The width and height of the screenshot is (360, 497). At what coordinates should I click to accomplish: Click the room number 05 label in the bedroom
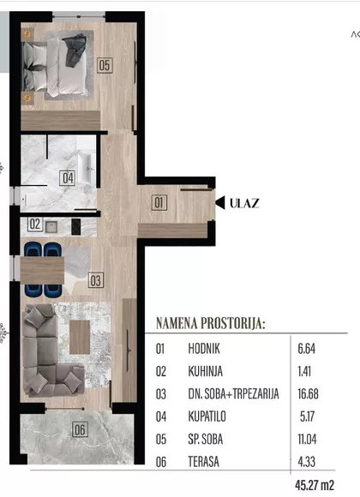[x=105, y=66]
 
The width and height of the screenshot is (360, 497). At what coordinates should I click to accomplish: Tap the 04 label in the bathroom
[x=67, y=178]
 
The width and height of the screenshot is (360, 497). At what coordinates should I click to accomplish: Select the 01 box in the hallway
[x=159, y=202]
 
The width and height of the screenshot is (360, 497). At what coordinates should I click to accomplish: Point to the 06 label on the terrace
[x=80, y=429]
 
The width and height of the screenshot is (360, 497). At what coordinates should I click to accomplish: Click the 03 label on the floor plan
[x=96, y=280]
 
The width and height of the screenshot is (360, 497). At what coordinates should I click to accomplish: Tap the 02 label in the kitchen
[x=35, y=225]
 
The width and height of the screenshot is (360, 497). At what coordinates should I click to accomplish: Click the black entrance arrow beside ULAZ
[x=220, y=203]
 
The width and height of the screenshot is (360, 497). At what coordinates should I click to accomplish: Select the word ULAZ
[x=244, y=203]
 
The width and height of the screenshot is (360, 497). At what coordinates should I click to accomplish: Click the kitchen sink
[x=51, y=226]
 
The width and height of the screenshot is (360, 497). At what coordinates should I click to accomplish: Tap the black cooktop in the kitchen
[x=75, y=227]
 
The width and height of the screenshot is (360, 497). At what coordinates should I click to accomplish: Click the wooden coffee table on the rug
[x=80, y=338]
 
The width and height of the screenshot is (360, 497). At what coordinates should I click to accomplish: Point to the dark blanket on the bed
[x=75, y=49]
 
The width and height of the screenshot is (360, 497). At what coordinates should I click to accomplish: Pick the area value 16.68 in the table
[x=308, y=394]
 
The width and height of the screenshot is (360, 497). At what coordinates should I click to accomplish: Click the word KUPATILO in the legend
[x=207, y=416]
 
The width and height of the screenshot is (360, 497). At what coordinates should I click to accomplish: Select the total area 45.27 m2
[x=315, y=485]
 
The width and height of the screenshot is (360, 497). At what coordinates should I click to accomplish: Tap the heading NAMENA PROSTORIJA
[x=210, y=323]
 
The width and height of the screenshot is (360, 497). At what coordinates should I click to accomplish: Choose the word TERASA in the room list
[x=204, y=462]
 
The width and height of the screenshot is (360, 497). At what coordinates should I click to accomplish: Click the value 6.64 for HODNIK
[x=306, y=349]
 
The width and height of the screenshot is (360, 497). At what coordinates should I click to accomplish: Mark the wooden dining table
[x=42, y=271]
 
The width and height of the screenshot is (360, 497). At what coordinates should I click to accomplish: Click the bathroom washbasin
[x=87, y=168]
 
